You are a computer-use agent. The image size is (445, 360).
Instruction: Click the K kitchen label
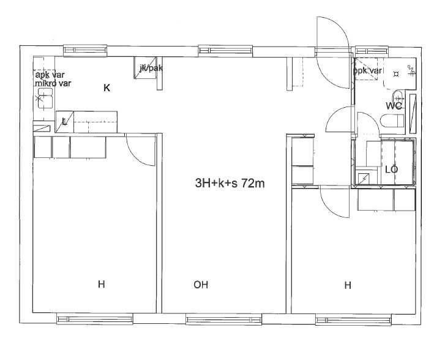coord(107,88)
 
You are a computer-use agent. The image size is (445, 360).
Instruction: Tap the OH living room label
coord(201,285)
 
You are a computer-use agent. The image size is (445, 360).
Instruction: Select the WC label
coord(394,106)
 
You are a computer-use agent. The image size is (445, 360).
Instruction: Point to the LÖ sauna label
coord(392,170)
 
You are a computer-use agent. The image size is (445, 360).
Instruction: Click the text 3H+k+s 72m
coord(230,184)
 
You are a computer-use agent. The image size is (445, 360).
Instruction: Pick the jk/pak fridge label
coord(151,68)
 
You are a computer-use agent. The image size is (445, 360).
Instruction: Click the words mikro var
coord(53,83)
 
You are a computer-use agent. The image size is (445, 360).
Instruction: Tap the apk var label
coord(50,75)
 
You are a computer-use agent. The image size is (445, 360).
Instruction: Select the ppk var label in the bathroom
coord(367,70)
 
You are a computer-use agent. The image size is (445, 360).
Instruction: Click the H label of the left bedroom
coord(102,284)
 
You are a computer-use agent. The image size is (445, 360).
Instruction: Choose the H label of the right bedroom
coord(348,285)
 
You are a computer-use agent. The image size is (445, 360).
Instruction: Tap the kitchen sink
coord(45,98)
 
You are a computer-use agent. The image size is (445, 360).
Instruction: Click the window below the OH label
coord(223,320)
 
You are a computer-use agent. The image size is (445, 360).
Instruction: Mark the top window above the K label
coord(85,51)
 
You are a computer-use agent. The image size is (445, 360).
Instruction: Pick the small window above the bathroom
coord(372,51)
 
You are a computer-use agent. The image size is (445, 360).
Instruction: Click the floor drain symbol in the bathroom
coord(396,74)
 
